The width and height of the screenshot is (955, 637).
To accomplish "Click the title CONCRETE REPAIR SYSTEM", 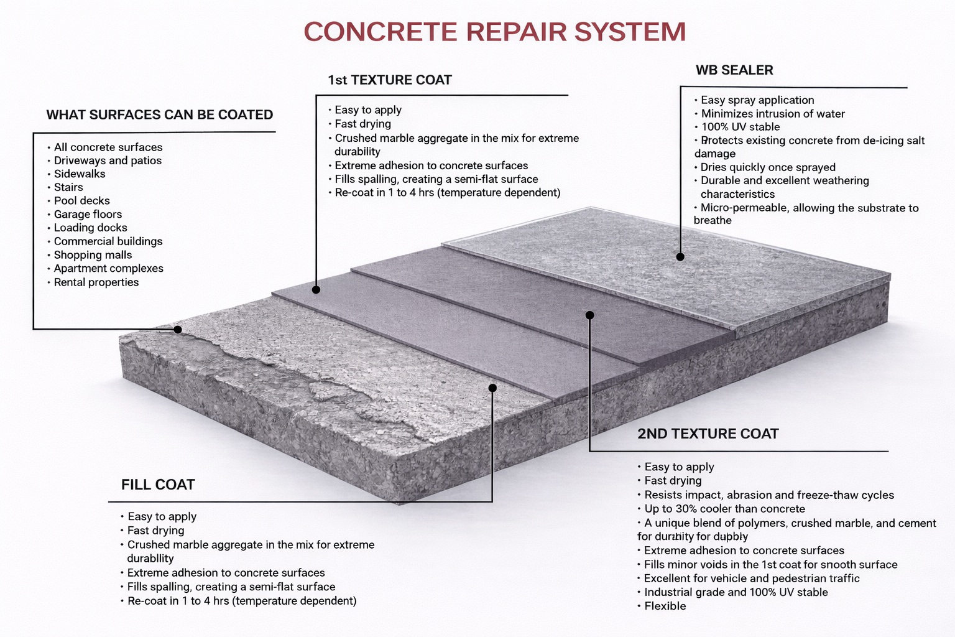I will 495,32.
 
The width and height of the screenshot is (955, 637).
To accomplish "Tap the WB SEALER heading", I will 734,70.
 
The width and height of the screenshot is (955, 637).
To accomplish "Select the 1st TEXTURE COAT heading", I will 390,80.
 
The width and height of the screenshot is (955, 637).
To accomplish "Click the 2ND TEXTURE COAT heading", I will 708,434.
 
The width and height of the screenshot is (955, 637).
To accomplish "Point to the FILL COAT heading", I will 158,485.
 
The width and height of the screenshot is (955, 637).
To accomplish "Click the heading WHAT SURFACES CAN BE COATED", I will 160,115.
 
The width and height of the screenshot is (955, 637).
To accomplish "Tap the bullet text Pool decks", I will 81,201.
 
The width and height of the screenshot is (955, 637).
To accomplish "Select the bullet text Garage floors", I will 88,215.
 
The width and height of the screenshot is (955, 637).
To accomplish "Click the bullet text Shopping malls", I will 93,255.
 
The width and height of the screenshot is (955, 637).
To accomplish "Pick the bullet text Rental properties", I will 96,282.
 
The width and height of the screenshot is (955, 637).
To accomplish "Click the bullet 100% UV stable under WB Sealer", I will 740,127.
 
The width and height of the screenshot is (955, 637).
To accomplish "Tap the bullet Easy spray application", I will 757,100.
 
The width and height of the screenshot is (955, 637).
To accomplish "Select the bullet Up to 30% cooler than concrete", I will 724,509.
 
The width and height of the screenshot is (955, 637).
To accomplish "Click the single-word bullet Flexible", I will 665,606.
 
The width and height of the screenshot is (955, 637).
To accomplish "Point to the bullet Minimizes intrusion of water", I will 773,114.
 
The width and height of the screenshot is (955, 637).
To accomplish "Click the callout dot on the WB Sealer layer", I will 680,257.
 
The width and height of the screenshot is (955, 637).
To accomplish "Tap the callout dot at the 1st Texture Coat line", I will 316,290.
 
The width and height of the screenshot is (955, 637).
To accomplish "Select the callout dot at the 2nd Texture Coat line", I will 589,315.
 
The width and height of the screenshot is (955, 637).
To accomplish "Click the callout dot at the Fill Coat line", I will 492,388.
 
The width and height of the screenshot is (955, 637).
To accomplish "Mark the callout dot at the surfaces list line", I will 178,330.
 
